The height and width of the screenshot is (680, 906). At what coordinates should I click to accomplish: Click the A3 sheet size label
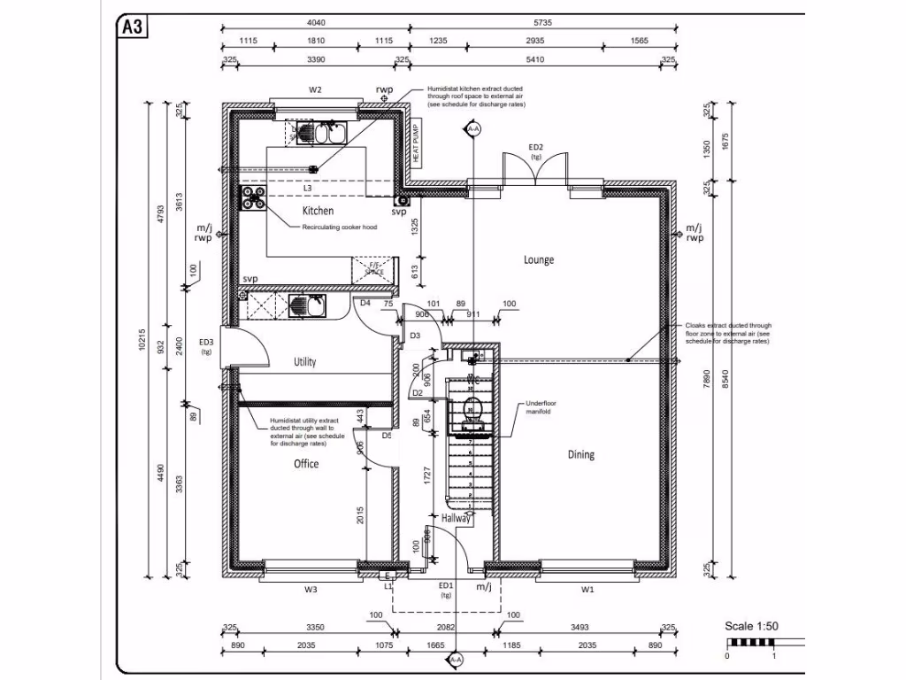tap(133, 27)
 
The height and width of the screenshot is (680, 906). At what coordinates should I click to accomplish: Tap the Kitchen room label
tap(318, 211)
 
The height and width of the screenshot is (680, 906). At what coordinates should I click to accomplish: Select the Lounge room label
tap(538, 259)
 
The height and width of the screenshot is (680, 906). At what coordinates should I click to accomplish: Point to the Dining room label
tap(580, 454)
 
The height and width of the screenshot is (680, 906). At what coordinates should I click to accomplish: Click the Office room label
tap(306, 463)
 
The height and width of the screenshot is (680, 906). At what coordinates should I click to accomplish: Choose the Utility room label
tap(304, 361)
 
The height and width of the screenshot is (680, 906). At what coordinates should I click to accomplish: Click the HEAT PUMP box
tap(416, 142)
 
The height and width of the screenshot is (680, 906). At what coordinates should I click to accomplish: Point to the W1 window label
tap(587, 588)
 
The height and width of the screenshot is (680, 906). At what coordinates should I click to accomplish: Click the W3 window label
tap(311, 588)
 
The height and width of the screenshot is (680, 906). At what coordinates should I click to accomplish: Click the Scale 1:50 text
tap(751, 626)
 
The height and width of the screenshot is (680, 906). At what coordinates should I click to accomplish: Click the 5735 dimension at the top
tap(542, 24)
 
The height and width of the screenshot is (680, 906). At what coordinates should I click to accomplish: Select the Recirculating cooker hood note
tap(340, 228)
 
